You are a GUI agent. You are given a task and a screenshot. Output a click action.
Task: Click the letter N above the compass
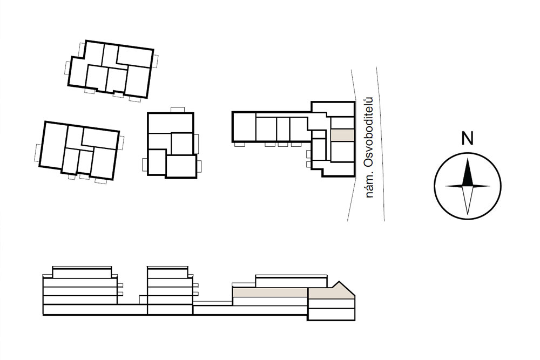click(x=467, y=138)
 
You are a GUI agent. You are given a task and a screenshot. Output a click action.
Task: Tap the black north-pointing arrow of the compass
click(x=467, y=172)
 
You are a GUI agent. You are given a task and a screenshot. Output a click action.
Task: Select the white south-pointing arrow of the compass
click(x=467, y=200)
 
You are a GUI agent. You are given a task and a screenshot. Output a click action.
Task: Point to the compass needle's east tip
click(x=490, y=186)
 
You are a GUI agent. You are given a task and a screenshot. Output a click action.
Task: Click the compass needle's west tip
click(x=446, y=186)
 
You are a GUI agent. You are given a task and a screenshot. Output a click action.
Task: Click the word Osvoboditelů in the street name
click(x=369, y=133)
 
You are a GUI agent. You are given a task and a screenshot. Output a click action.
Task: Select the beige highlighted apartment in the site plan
click(x=342, y=134)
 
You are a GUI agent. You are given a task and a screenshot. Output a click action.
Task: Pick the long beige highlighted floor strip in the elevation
click(x=271, y=293)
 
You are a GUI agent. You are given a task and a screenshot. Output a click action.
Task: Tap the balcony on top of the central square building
click(x=178, y=110)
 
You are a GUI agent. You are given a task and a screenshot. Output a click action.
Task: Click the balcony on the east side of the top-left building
click(x=156, y=62)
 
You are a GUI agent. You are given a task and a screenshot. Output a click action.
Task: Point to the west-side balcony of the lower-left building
click(x=38, y=153)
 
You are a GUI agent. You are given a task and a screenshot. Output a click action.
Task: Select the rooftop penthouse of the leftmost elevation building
click(x=82, y=272)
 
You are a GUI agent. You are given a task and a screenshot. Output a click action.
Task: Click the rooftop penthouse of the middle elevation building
click(x=168, y=272)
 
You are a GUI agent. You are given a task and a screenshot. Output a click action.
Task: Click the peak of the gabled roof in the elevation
click(x=340, y=282)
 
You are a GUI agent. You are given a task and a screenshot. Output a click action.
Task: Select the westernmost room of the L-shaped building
click(x=244, y=127)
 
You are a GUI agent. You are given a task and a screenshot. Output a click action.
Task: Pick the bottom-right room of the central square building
click(x=181, y=166)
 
